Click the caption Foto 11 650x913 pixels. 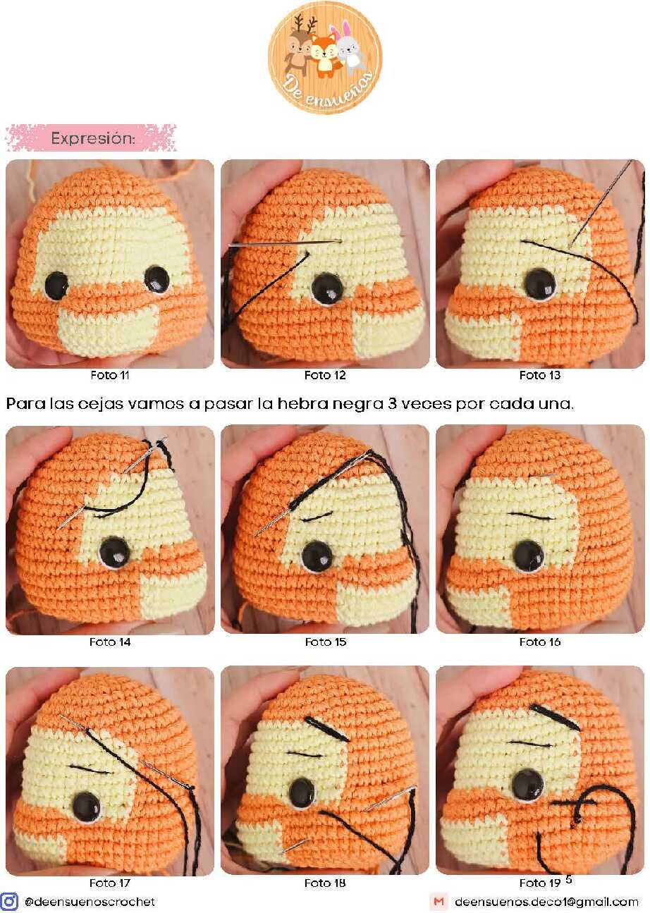[x=110, y=375]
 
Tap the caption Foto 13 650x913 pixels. [x=540, y=375]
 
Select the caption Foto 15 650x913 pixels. [x=326, y=642]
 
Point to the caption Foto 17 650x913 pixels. [x=109, y=883]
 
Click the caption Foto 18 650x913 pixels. [x=325, y=883]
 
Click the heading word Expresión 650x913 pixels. [x=93, y=139]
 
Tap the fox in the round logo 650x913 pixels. [x=324, y=55]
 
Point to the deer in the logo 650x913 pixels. [x=299, y=45]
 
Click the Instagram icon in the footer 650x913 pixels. [x=10, y=901]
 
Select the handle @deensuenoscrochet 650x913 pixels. [x=90, y=902]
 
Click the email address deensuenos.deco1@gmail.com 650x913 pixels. [x=546, y=902]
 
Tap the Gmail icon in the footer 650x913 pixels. [x=439, y=902]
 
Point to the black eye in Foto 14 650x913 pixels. [x=116, y=552]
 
